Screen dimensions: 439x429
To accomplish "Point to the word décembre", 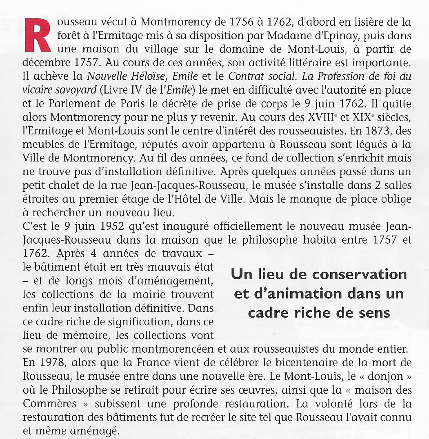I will point(42,63).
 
